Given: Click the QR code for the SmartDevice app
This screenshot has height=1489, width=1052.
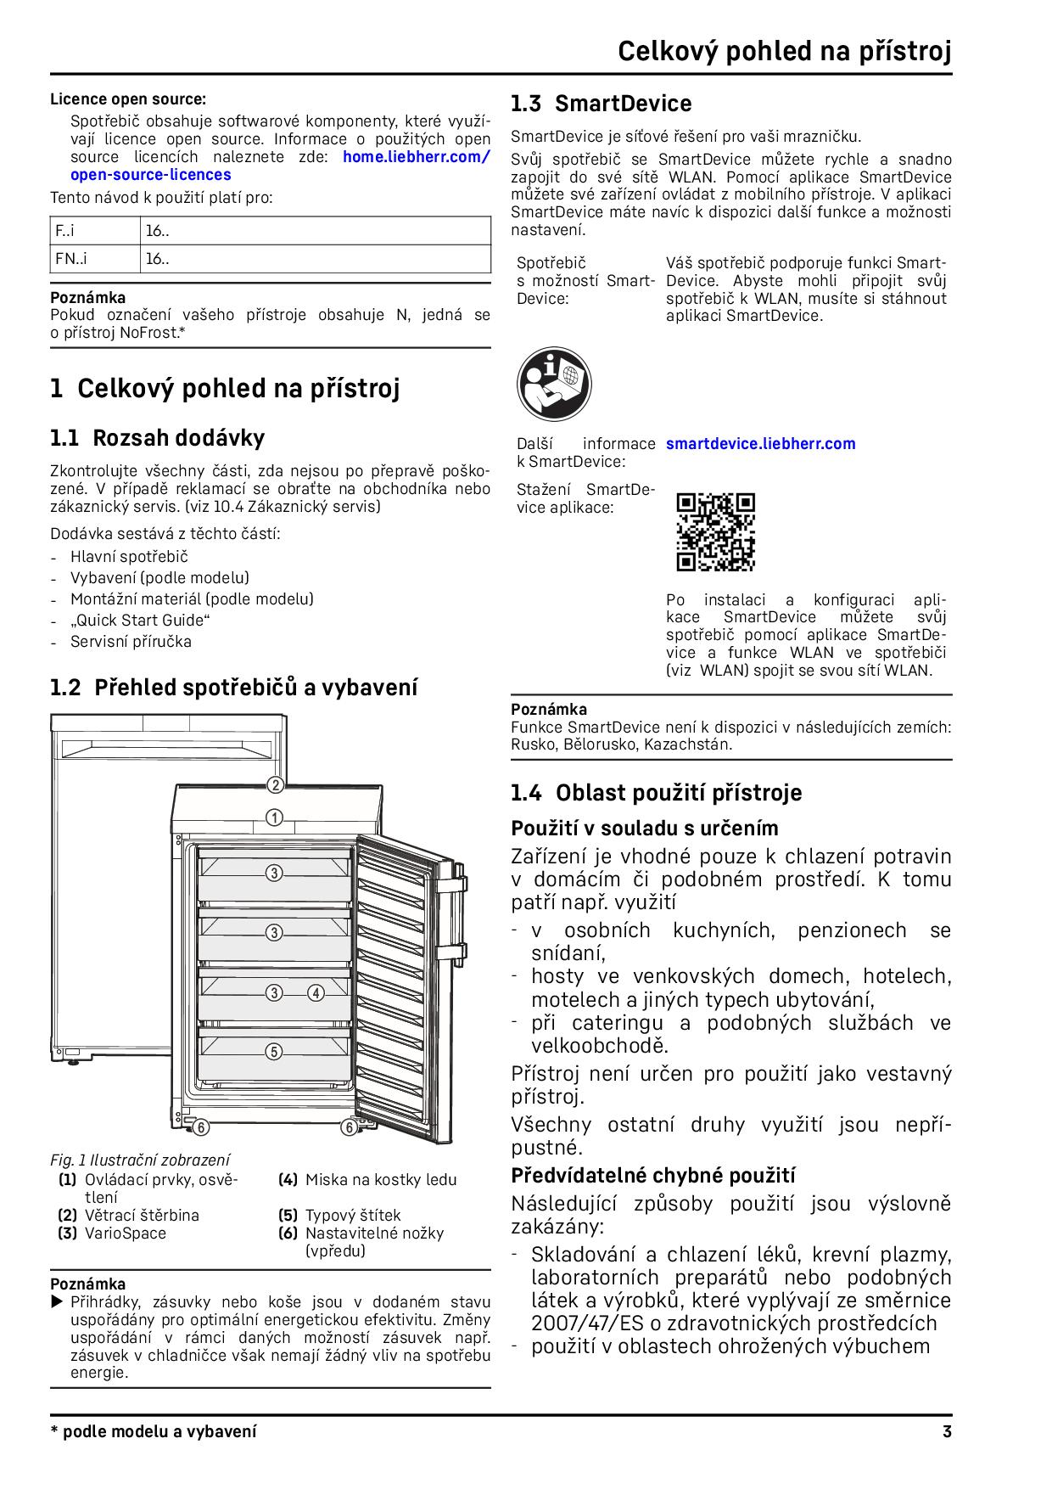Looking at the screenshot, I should pos(715,532).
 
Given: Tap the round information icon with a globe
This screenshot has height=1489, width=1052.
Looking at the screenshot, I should pos(554,384).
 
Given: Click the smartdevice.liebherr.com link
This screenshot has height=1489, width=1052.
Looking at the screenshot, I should pos(760,443).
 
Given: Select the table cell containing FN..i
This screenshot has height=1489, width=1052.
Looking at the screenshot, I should pos(94,259).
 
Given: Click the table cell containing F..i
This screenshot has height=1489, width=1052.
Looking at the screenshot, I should pos(94,231).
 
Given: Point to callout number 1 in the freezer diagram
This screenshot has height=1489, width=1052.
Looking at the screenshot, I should pos(274,818).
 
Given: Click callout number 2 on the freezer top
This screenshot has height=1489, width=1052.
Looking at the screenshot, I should pos(274,785).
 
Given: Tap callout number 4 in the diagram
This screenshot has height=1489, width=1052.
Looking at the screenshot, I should pos(316,992).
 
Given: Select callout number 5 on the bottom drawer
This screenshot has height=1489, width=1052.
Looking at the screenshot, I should pos(273,1052).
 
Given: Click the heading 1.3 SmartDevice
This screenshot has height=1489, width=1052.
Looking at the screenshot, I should pos(601,104).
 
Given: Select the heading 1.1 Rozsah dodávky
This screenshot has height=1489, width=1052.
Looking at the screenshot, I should pos(157,438).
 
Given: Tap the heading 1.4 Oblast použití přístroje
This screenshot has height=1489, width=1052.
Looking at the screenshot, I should pos(656,793).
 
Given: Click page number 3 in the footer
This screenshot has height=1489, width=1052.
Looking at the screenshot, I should pos(947,1432).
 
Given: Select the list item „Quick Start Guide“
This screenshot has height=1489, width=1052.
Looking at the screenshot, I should pos(140,621).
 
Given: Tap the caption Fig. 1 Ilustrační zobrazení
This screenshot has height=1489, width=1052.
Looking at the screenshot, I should pos(140,1160).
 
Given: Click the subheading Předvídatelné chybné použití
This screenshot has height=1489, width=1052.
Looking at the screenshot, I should pos(652,1176).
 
